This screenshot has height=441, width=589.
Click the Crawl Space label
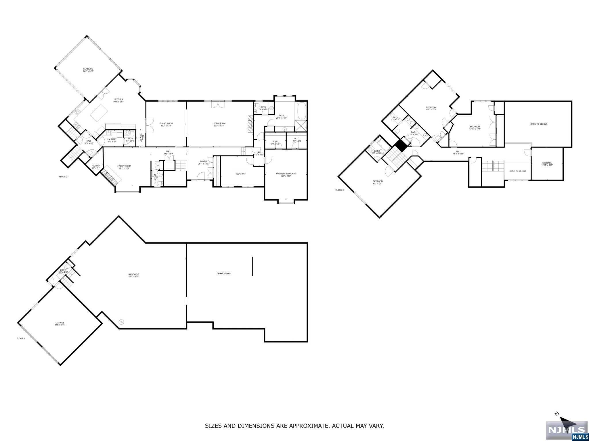click(224, 273)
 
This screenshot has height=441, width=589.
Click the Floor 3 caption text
click(339, 190)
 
